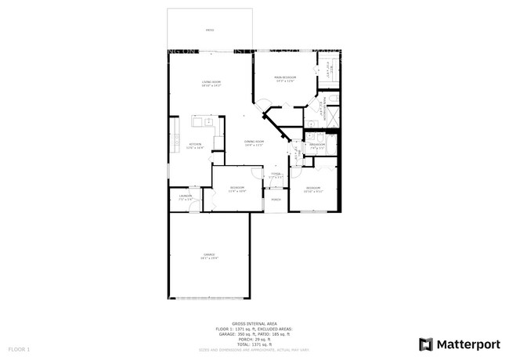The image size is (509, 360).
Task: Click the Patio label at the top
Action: (210, 31)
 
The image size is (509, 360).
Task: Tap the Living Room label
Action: (211, 84)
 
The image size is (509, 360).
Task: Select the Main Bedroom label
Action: (284, 78)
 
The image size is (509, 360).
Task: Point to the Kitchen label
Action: (195, 146)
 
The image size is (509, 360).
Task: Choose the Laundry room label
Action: (186, 197)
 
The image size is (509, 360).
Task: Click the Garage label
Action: (209, 256)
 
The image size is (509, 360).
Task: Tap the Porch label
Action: (276, 200)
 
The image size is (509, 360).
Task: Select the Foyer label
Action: (276, 175)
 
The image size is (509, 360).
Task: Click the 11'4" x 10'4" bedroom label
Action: (237, 189)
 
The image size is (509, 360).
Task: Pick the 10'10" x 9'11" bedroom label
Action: (313, 189)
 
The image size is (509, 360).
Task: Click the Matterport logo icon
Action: (426, 344)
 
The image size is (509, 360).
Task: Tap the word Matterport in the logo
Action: (467, 344)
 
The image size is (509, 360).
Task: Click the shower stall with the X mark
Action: (330, 115)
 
